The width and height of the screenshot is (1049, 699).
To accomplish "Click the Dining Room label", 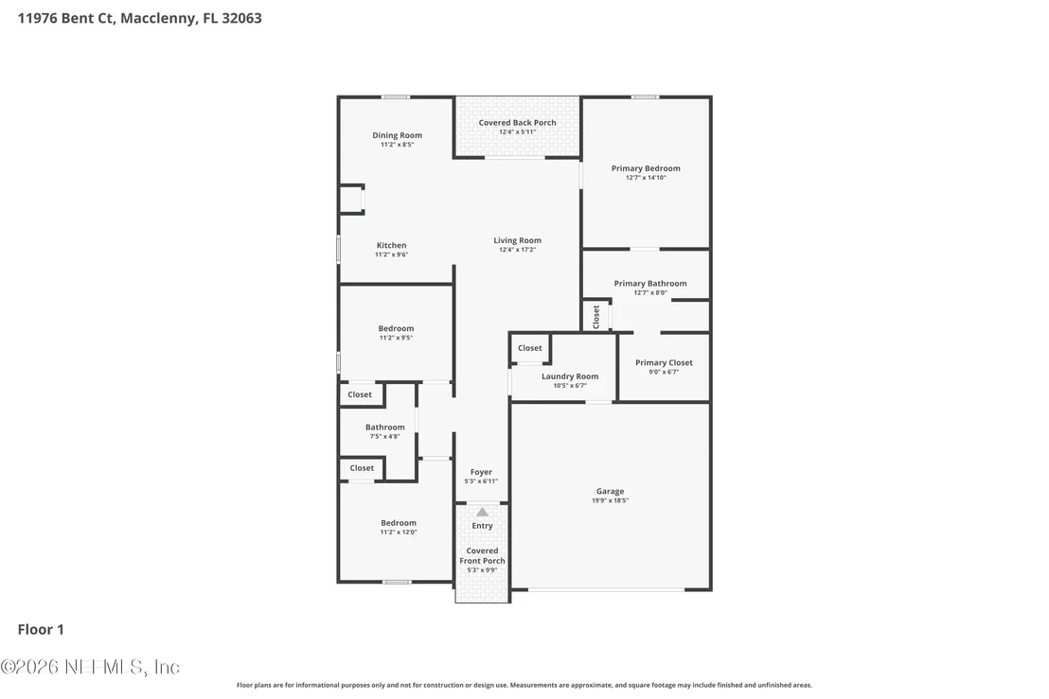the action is [398, 135].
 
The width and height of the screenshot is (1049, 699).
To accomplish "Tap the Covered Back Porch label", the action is [517, 122].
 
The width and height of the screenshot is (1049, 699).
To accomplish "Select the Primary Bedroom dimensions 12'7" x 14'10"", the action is [646, 178].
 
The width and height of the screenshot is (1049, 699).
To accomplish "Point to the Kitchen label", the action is [391, 245].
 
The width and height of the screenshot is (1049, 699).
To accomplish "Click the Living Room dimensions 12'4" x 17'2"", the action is [517, 250].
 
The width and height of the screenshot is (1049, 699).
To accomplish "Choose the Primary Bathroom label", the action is [650, 284].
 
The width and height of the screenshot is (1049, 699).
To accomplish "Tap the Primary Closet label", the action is [665, 363].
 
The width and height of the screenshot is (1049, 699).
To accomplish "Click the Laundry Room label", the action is [570, 376].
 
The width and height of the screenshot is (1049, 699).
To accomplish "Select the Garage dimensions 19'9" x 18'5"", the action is [610, 500].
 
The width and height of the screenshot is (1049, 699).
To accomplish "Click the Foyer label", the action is [481, 472].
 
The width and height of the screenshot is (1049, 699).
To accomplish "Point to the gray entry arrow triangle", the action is [482, 513].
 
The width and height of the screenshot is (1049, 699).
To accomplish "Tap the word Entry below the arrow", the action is [482, 526].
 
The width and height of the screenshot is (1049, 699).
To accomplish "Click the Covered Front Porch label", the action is [482, 556].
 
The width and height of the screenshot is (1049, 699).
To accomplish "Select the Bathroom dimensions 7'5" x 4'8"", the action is [384, 436].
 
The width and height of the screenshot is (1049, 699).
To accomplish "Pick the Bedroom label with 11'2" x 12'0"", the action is [399, 522].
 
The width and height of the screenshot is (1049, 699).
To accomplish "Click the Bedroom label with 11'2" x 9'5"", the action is [396, 328].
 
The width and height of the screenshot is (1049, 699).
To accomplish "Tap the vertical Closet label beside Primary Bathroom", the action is [596, 317].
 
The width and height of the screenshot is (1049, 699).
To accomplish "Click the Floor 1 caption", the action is [41, 630].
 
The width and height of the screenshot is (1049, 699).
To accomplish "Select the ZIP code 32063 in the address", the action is [241, 18].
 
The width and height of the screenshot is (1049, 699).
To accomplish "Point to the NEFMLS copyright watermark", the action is [90, 667].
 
